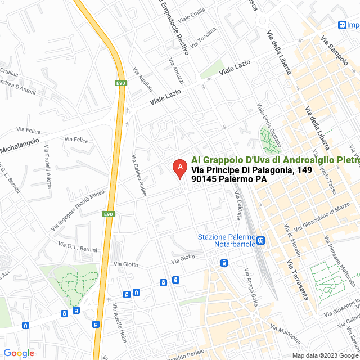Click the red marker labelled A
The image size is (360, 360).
tap(179, 168)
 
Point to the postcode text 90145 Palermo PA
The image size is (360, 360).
tap(228, 179)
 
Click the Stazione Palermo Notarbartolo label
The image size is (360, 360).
tap(227, 240)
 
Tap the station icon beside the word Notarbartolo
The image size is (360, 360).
tap(261, 241)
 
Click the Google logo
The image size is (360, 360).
tap(19, 353)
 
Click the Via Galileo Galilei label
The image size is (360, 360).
tap(139, 175)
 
